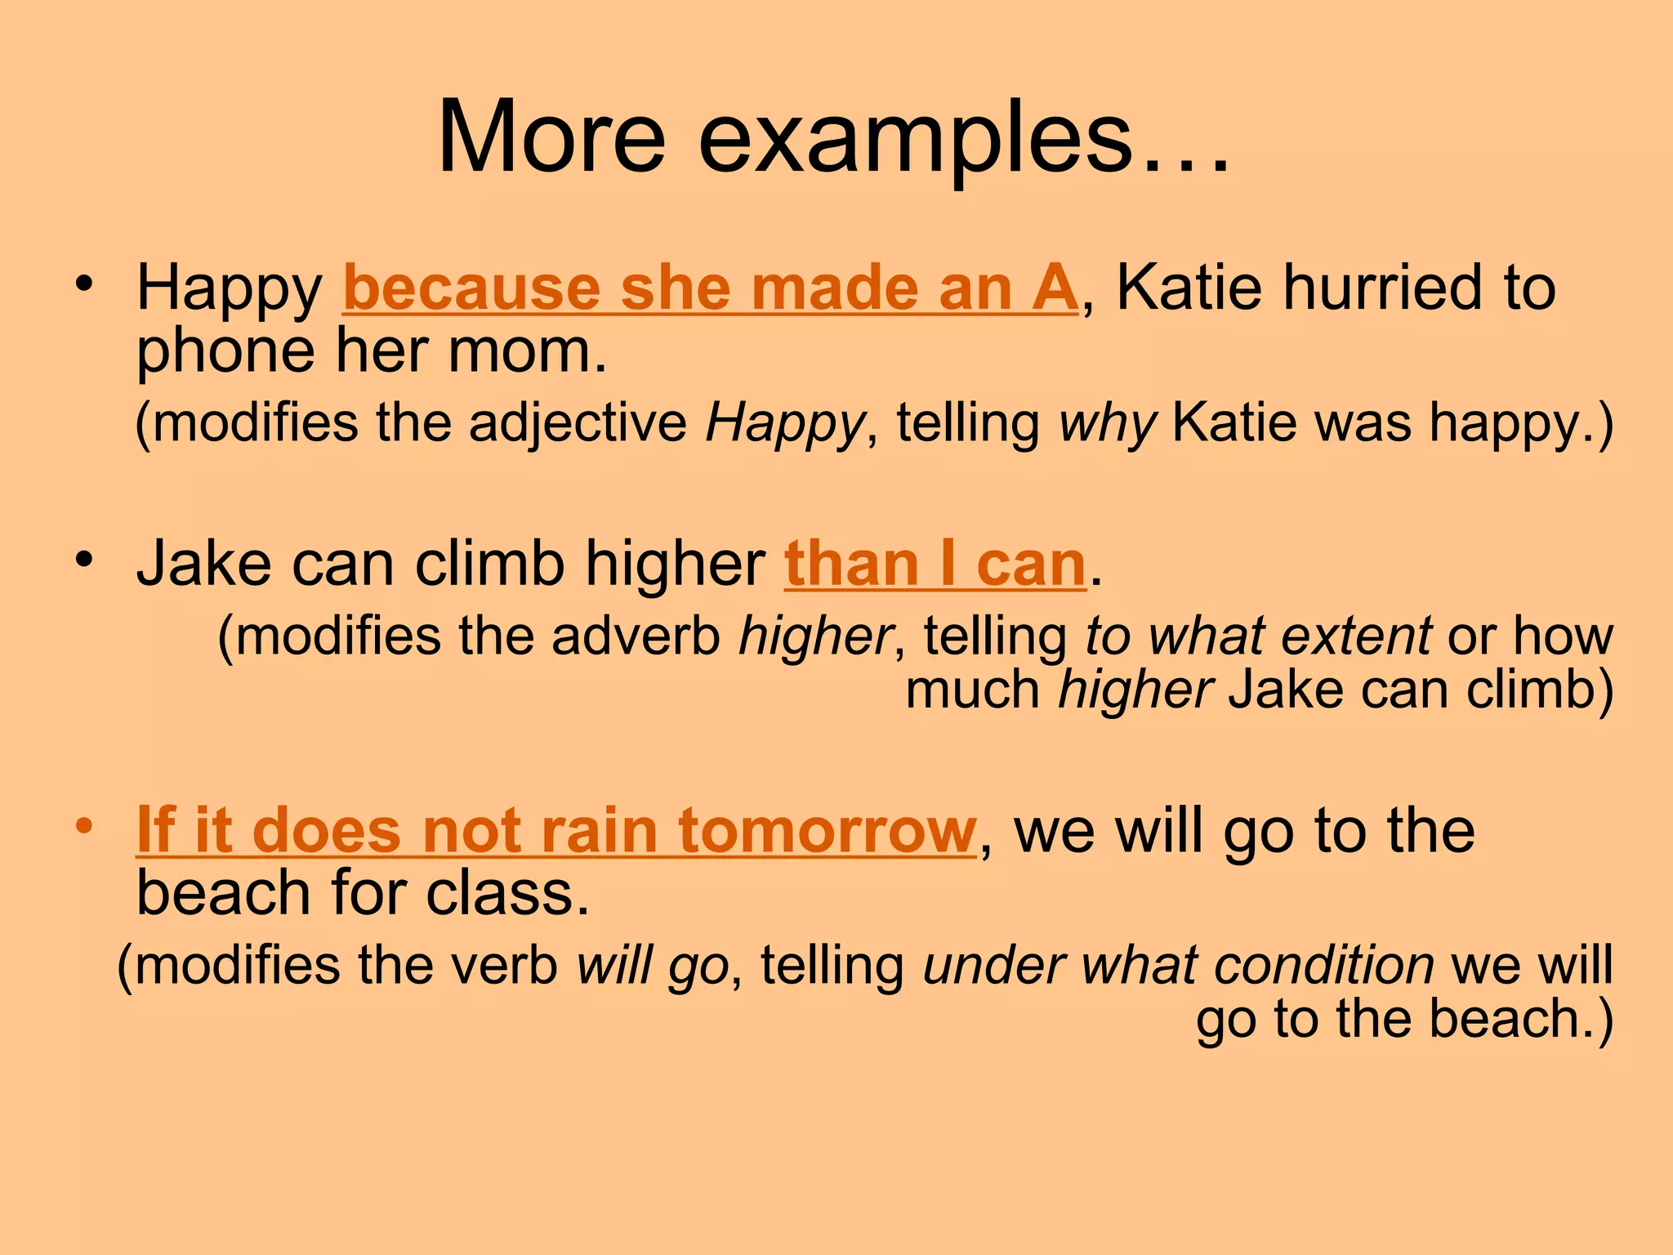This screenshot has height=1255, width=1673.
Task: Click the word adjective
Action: click(x=578, y=423)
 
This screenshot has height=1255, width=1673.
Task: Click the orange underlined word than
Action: click(x=851, y=564)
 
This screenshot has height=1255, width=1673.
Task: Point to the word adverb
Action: click(x=636, y=636)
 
